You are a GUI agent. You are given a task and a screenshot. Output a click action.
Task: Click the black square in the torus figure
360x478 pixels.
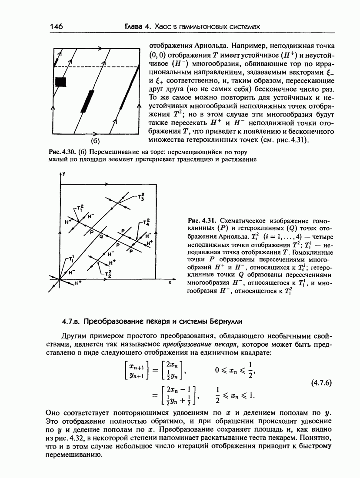pos(60,82)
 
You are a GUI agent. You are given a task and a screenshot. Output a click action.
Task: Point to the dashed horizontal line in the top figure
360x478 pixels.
pos(96,66)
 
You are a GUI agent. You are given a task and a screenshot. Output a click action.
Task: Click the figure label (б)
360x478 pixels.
pos(95,141)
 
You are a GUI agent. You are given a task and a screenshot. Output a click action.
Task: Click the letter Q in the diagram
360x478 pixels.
pos(101,236)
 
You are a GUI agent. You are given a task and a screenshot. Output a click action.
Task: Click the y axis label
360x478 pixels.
pos(63,173)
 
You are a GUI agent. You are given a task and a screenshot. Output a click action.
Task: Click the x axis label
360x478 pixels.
pos(170,282)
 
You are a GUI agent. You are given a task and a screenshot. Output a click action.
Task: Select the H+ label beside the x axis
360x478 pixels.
pos(78,283)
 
